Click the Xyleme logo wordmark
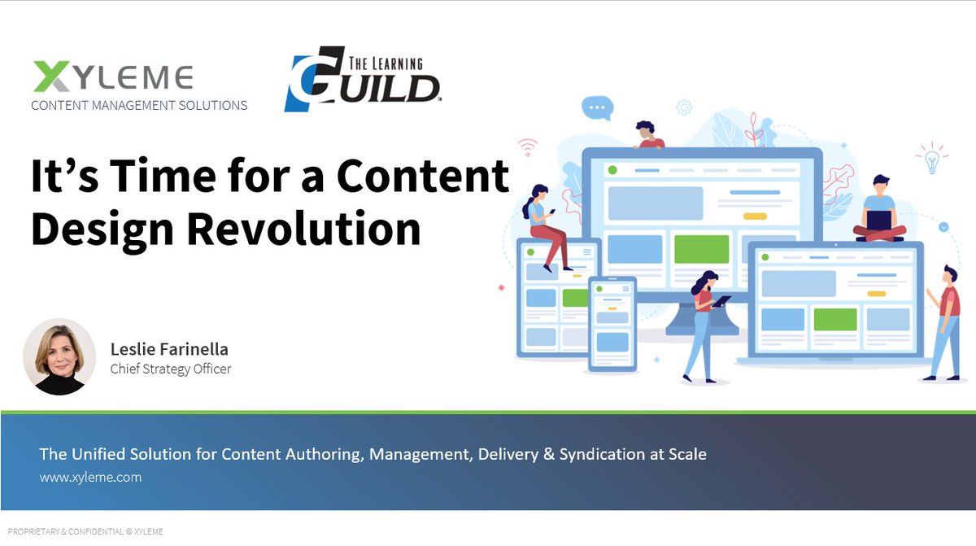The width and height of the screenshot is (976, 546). click(x=113, y=77)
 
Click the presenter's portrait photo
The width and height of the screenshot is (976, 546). click(x=59, y=356)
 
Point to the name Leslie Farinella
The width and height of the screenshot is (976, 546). click(x=169, y=349)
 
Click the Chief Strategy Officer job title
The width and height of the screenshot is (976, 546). click(x=171, y=369)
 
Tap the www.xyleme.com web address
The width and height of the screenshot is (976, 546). click(x=90, y=477)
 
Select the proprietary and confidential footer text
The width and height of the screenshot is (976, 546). click(x=85, y=531)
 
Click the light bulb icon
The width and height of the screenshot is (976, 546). click(x=932, y=158)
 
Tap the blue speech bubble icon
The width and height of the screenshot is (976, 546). click(x=597, y=107)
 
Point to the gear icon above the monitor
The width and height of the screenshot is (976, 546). click(x=684, y=107)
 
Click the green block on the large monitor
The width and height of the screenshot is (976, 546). click(x=701, y=249)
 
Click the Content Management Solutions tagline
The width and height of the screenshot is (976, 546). click(x=139, y=105)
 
